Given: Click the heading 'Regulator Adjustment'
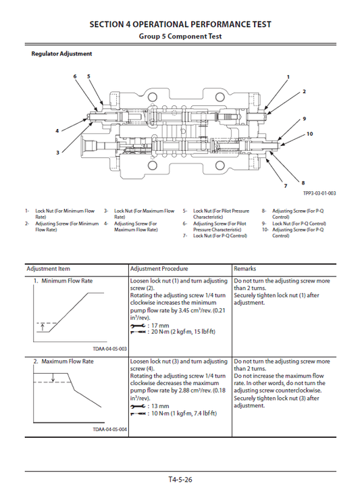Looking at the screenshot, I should coord(62,53).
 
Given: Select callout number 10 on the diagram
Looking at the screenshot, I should coord(309,134).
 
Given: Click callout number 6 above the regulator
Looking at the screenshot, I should coord(75,76).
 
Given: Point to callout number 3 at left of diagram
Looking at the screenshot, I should coord(57,152).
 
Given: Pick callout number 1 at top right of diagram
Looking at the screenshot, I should coord(288,77).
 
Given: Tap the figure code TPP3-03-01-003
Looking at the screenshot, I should coord(319,194).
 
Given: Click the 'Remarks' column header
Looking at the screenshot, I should coord(245,268).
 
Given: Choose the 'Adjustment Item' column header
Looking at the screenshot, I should coord(49,268).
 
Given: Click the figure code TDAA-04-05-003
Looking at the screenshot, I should coord(108,348).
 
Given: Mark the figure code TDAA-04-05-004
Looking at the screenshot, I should coord(108,429).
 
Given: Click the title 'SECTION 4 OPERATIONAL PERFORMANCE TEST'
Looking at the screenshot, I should coord(180,24).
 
